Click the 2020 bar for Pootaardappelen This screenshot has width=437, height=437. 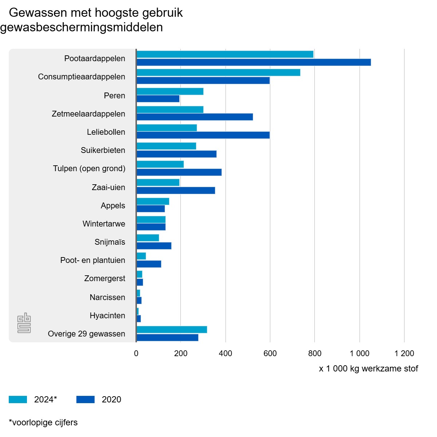coord(254,62)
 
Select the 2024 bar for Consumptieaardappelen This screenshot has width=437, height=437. coord(219,72)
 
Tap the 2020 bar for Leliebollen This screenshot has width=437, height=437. coord(203,135)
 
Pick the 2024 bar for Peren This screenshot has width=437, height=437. coord(170,91)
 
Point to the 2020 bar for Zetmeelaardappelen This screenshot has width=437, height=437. coord(195,117)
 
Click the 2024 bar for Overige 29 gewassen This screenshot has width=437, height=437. coord(172,330)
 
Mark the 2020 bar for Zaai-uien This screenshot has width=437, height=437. coord(176,190)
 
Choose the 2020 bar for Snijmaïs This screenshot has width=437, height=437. coord(154,246)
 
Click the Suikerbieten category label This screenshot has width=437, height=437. coord(103,150)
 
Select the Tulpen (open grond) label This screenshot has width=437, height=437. coord(89,169)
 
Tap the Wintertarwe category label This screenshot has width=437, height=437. coord(104,224)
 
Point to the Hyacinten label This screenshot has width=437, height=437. coord(107,316)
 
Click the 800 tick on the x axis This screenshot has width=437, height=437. coord(315,353)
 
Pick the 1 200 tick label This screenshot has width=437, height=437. coord(404,353)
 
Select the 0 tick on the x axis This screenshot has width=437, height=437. coord(136,353)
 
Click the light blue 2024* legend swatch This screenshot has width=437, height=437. coord(18,399)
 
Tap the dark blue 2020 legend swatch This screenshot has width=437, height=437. coord(86,399)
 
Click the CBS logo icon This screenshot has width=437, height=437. coord(24,323)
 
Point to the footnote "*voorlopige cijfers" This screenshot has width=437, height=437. coord(43,422)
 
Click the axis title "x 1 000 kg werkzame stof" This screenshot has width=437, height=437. coord(369,369)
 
